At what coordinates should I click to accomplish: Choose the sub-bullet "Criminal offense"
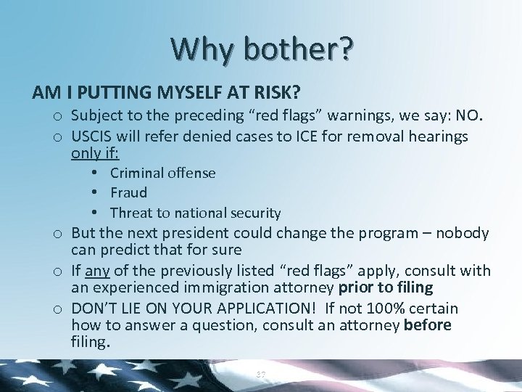[162, 173]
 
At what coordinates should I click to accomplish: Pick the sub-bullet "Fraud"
[128, 193]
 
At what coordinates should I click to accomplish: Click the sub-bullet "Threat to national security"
[195, 213]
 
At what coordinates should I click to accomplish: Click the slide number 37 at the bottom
[261, 374]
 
